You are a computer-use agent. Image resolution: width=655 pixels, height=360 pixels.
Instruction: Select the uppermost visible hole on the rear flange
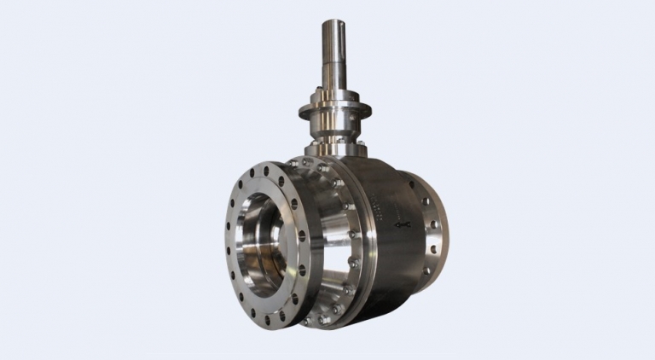(x=424, y=202)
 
